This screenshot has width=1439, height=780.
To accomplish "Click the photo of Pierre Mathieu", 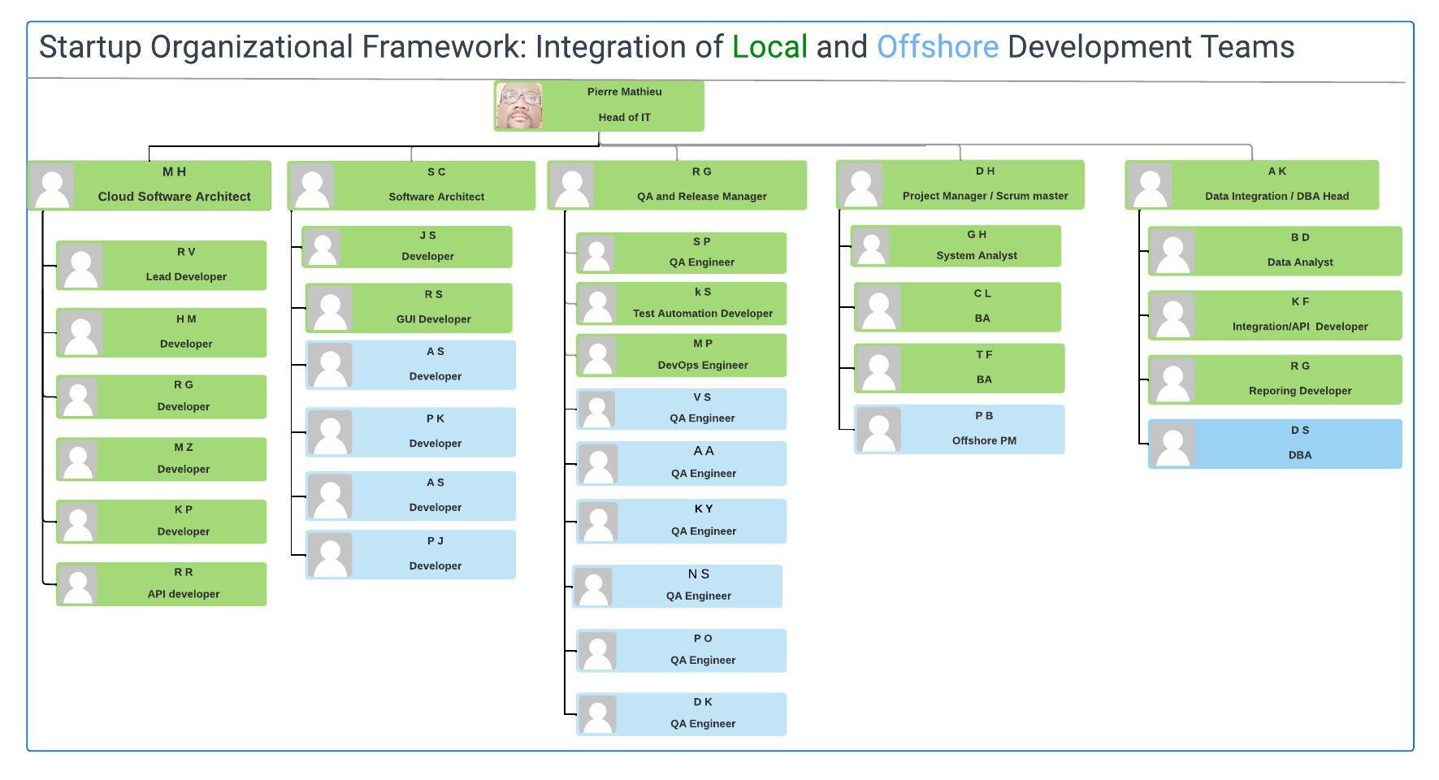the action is (x=520, y=106).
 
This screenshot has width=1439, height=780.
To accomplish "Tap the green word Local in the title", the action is (x=769, y=47).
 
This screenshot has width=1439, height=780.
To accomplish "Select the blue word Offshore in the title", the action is (x=937, y=47).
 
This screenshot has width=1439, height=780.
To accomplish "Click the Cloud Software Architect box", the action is (x=150, y=185).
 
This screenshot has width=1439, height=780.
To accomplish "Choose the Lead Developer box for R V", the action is (x=161, y=265).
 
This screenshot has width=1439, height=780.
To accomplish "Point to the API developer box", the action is (x=161, y=584).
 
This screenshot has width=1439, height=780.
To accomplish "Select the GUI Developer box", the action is (x=409, y=308).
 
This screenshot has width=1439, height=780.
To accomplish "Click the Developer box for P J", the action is (x=410, y=555).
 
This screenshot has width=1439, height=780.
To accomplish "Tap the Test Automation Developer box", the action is (x=681, y=303).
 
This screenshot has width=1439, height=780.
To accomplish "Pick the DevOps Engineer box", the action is (x=681, y=355).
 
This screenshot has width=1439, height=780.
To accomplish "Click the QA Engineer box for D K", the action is (x=681, y=714).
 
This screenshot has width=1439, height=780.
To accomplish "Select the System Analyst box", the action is (x=956, y=246).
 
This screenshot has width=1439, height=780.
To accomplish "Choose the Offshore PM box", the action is (x=959, y=429).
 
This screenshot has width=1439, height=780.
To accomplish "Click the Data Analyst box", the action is (x=1275, y=251).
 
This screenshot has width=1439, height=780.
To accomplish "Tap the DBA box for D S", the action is (x=1275, y=444).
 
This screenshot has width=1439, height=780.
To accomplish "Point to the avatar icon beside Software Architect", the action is (x=312, y=186).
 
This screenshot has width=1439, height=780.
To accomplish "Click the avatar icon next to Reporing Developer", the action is (x=1172, y=379).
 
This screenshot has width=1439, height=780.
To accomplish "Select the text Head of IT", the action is (x=625, y=117).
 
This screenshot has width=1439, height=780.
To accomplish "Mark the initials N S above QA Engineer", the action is (x=699, y=574).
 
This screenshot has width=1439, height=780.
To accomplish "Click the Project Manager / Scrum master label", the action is (x=986, y=196).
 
